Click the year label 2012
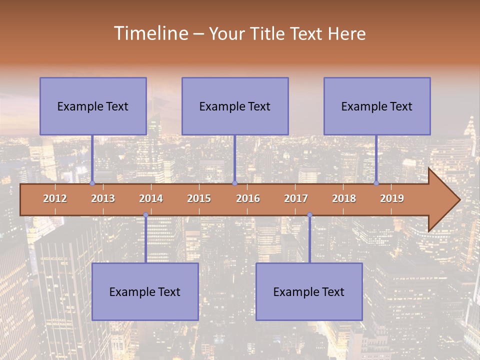click(x=55, y=198)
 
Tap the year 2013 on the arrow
click(x=103, y=198)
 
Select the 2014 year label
click(x=151, y=198)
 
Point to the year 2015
click(x=199, y=198)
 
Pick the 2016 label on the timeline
click(x=248, y=198)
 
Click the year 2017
click(x=296, y=198)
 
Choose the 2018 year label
click(x=344, y=198)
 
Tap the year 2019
click(x=392, y=198)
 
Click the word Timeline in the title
click(x=150, y=33)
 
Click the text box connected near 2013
click(x=93, y=106)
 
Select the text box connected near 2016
click(x=235, y=106)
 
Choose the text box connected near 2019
click(x=377, y=106)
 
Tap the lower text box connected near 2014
click(x=145, y=291)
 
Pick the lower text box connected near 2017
click(x=309, y=291)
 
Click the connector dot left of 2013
click(x=92, y=183)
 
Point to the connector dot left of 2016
click(x=234, y=183)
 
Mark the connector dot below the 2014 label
click(x=145, y=215)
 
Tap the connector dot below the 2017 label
click(x=309, y=215)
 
